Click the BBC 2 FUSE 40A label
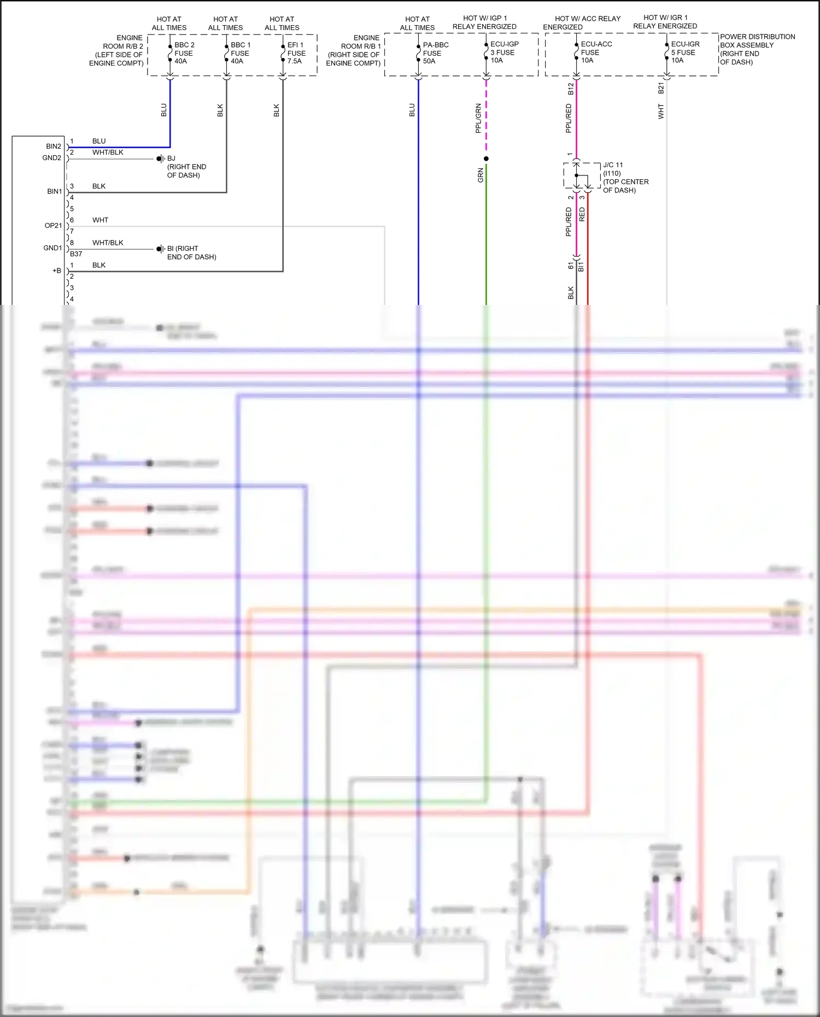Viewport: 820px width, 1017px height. (x=184, y=53)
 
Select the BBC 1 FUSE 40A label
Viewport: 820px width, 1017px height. (x=241, y=53)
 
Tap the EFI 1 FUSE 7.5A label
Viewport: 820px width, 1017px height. (x=296, y=53)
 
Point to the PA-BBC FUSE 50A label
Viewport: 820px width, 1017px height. (x=435, y=53)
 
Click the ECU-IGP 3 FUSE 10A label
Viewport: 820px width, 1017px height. (x=504, y=52)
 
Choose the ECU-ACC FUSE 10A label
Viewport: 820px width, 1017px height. (x=596, y=52)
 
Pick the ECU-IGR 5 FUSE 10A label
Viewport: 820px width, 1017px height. (x=685, y=52)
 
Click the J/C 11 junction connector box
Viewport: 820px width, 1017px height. (x=582, y=175)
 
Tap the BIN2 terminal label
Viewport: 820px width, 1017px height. (x=54, y=146)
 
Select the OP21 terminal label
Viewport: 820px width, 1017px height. (x=53, y=226)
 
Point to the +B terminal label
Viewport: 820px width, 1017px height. (x=56, y=271)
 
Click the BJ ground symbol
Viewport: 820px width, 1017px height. (x=160, y=159)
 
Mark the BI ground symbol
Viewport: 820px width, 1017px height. (x=160, y=249)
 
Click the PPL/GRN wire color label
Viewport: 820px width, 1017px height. (x=478, y=118)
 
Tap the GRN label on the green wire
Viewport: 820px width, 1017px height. (x=481, y=175)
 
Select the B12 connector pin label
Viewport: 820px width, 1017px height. (x=571, y=89)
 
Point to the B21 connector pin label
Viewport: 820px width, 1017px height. (x=661, y=89)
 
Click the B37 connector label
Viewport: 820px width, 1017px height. (x=76, y=254)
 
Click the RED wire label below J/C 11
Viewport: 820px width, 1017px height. (x=582, y=214)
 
